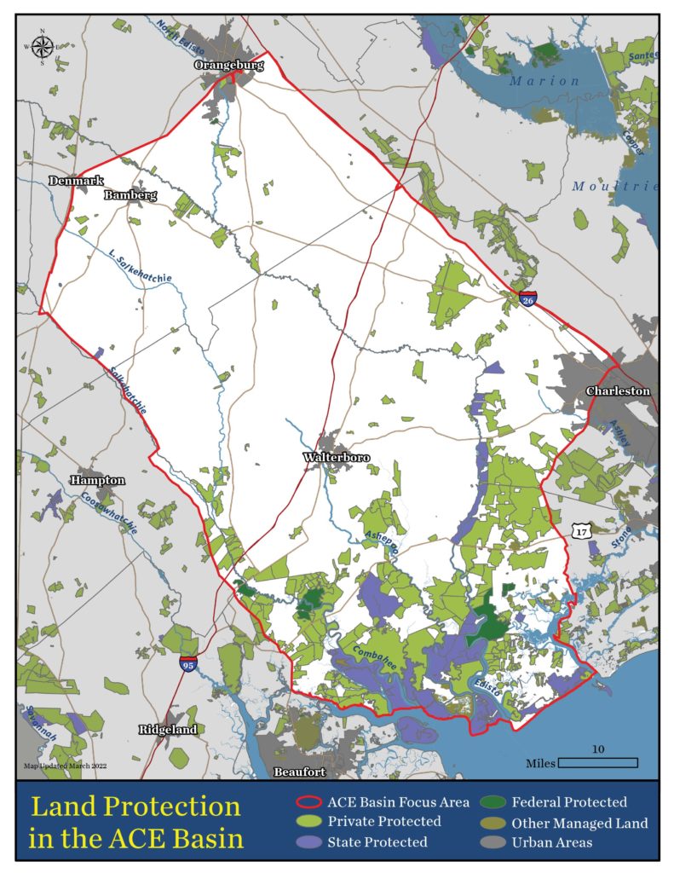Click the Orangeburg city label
click(228, 65)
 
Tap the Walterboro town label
click(337, 458)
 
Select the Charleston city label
click(618, 391)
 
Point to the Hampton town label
click(98, 481)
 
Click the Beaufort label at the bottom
click(301, 772)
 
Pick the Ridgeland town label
click(168, 730)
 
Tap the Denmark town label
click(76, 182)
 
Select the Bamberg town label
click(130, 195)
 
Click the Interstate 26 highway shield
click(528, 299)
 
